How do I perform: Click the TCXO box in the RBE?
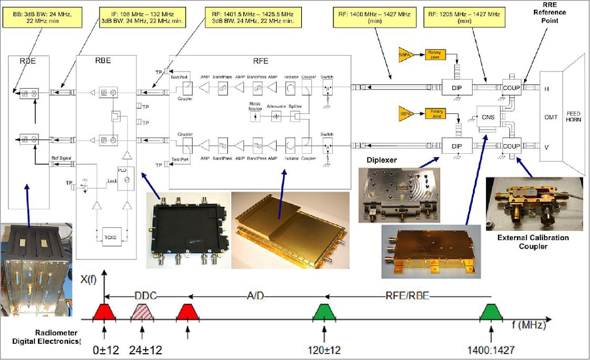tap(110, 237)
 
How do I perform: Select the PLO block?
tap(126, 178)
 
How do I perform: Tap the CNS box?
tap(488, 117)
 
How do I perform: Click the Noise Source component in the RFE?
tap(255, 117)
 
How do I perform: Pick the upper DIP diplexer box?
tap(457, 88)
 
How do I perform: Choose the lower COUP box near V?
tap(511, 146)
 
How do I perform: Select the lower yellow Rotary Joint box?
tap(436, 114)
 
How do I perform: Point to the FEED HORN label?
tap(573, 117)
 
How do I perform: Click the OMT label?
tap(551, 117)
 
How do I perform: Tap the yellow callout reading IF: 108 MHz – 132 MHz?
tap(142, 17)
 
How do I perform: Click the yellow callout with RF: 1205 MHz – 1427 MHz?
tap(464, 17)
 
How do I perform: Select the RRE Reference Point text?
tap(550, 13)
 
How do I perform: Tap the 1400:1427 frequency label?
tap(491, 350)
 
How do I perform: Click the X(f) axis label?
tap(88, 279)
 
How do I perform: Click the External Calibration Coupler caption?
tap(533, 242)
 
